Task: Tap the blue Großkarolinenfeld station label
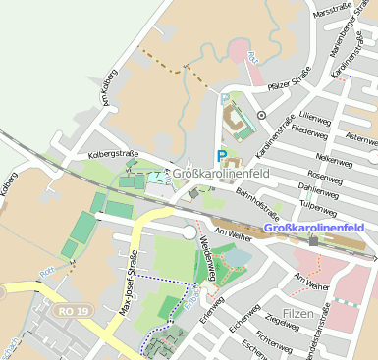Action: click(x=315, y=228)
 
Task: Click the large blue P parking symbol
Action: click(x=222, y=155)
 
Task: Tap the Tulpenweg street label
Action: click(x=319, y=207)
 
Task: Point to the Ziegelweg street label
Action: click(x=282, y=319)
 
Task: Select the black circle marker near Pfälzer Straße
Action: click(x=261, y=115)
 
